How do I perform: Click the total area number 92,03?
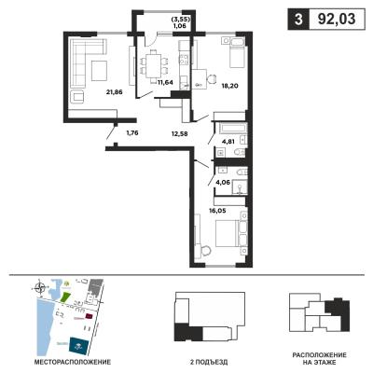[x=337, y=20]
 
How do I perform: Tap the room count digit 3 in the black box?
[x=298, y=20]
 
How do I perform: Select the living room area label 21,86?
[x=114, y=91]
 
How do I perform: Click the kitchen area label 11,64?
[x=165, y=83]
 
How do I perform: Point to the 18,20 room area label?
[x=229, y=86]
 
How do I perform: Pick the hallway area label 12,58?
[x=179, y=133]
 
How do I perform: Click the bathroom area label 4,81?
[x=228, y=142]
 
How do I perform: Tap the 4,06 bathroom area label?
[x=223, y=182]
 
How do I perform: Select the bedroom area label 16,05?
[x=217, y=211]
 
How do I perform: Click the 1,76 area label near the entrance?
[x=131, y=133]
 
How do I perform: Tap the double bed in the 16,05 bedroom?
[x=228, y=233]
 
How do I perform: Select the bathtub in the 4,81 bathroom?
[x=233, y=128]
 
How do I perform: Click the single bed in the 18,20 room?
[x=238, y=57]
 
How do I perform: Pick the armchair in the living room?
[x=77, y=97]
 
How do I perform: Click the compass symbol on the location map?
[x=40, y=287]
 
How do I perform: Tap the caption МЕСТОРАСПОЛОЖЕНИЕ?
[x=73, y=362]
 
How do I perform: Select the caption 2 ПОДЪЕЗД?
[x=209, y=362]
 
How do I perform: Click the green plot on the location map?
[x=65, y=297]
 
